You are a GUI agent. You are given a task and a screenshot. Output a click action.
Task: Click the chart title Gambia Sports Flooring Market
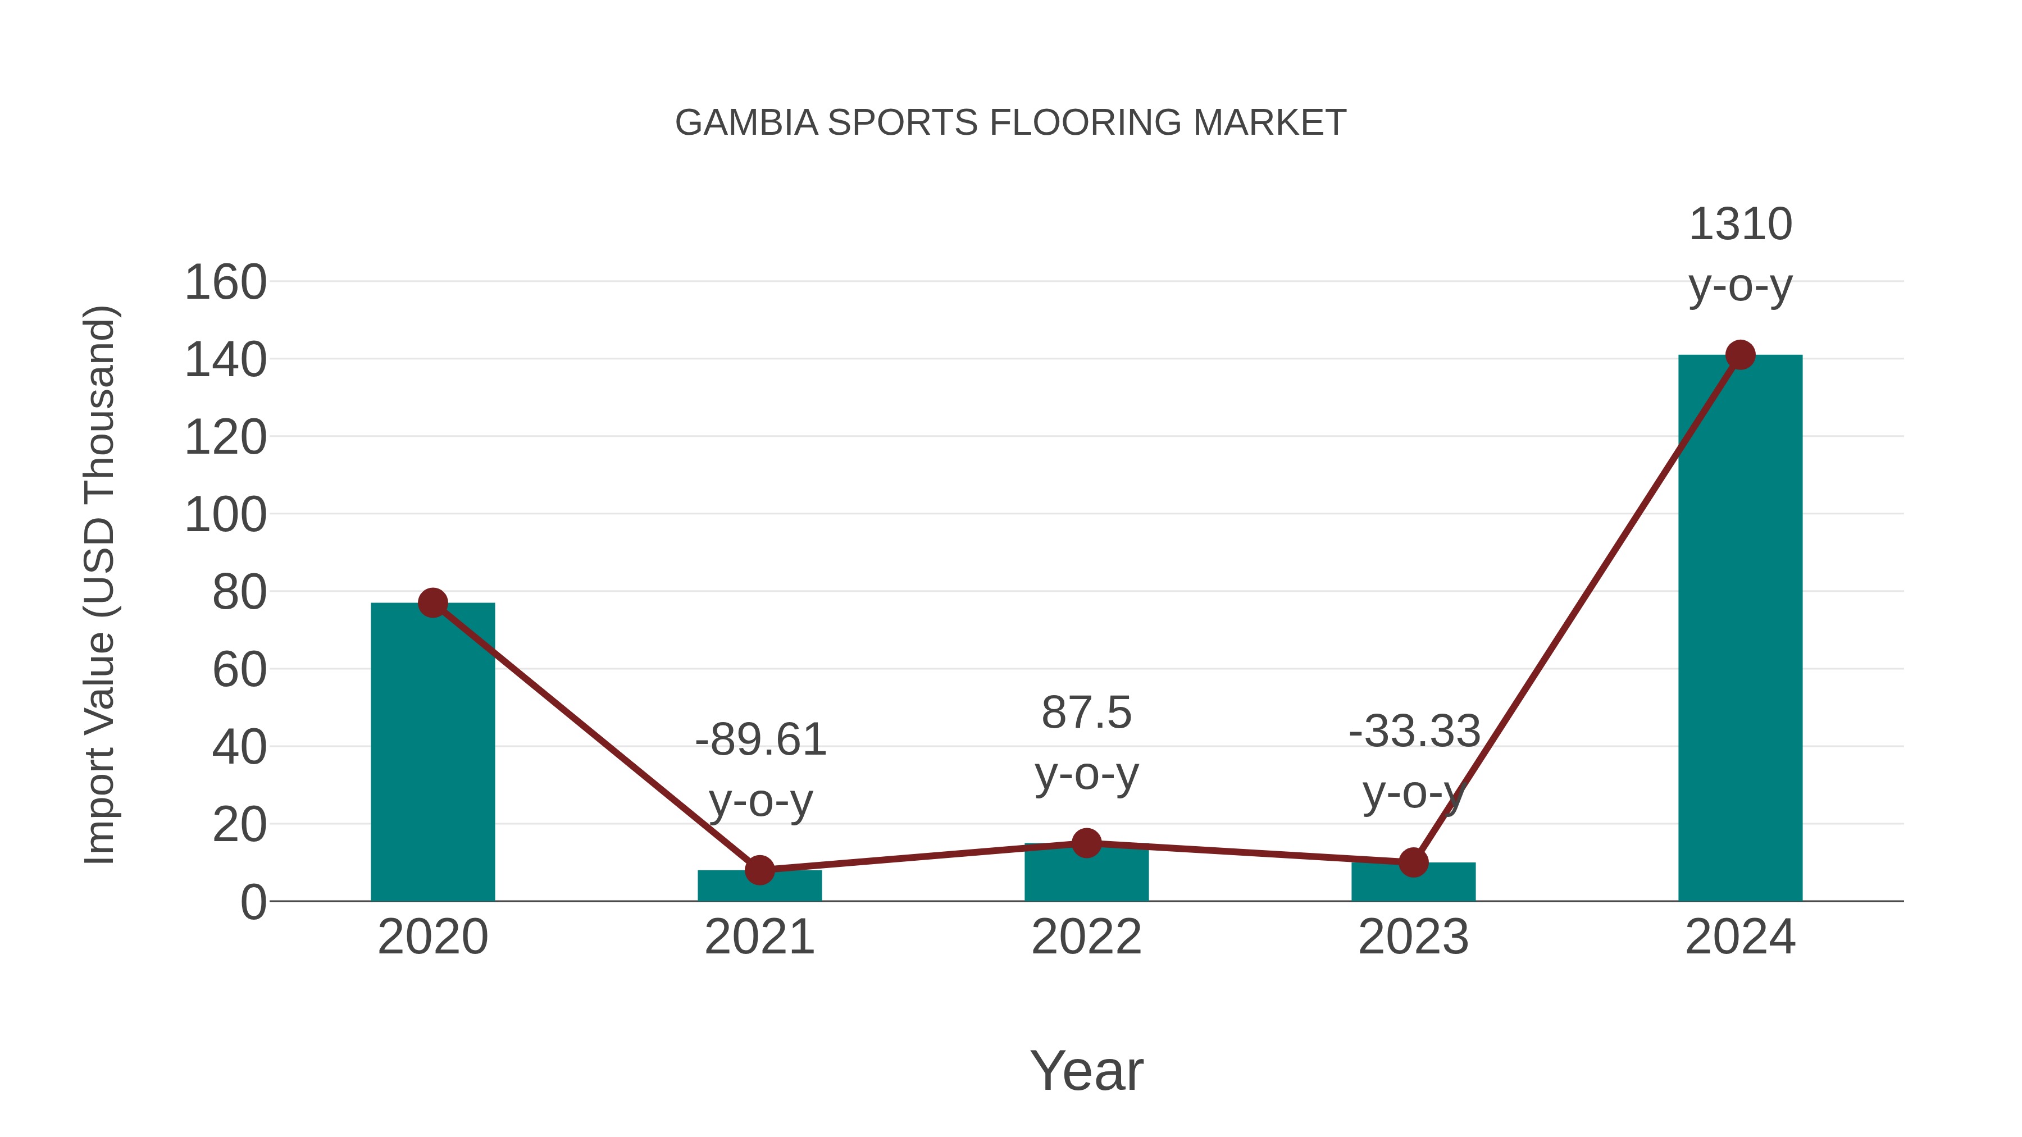(1010, 123)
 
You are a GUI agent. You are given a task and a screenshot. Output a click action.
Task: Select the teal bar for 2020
(432, 754)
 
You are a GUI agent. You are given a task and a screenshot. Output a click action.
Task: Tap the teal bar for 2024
(1739, 628)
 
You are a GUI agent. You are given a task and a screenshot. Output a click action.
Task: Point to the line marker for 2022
(1086, 843)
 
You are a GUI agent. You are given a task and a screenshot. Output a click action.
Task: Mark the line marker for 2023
(1413, 862)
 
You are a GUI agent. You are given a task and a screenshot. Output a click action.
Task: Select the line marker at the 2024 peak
(1740, 355)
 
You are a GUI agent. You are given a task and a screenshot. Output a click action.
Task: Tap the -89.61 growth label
(760, 740)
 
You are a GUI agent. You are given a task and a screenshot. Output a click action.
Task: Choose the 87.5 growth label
(1086, 713)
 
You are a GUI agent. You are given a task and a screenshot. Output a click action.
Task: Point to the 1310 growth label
(1740, 225)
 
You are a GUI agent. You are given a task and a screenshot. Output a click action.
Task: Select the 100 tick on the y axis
(225, 515)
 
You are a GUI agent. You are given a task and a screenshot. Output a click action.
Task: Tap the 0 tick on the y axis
(253, 902)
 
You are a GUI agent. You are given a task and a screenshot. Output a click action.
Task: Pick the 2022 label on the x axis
(1086, 937)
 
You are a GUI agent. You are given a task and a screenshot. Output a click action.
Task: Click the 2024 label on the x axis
(1740, 937)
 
